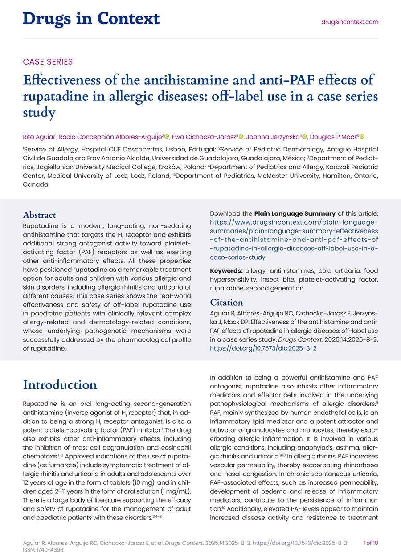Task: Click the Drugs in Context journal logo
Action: pos(91,19)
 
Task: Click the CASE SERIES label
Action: pos(48,62)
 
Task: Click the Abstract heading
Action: pos(40,215)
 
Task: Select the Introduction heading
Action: pos(60,384)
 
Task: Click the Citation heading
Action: pos(226,303)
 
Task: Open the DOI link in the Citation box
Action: pos(263,348)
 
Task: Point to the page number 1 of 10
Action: pos(371,543)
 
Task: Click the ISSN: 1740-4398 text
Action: pos(44,550)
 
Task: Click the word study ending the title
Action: pos(39,113)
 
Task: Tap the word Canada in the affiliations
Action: pos(36,184)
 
